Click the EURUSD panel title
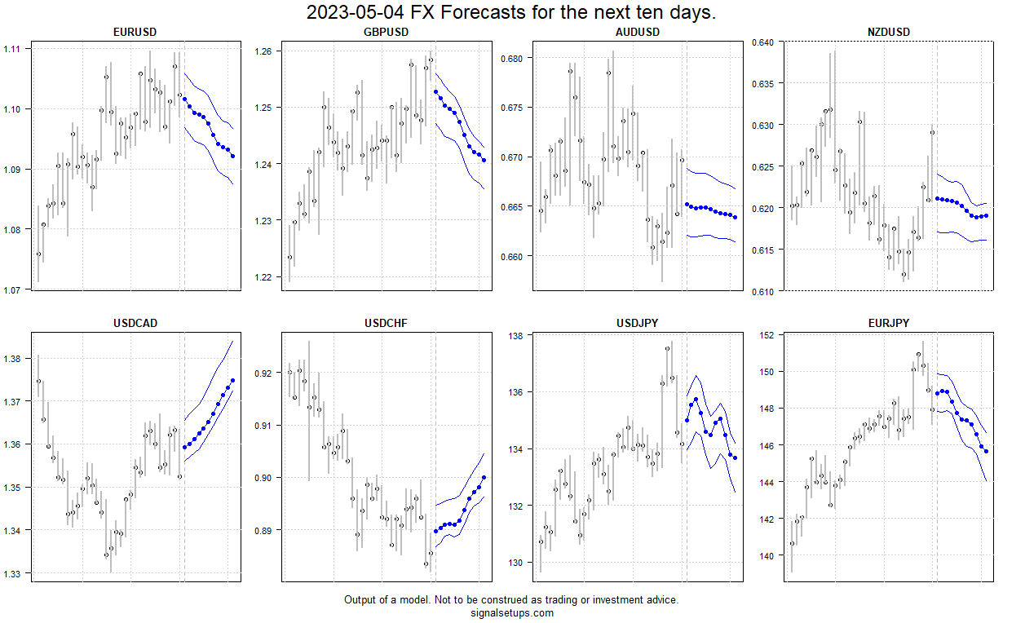[135, 32]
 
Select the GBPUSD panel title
[386, 32]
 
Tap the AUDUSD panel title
[637, 32]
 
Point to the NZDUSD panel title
[888, 32]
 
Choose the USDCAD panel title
[135, 323]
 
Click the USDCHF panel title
[386, 323]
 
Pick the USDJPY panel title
[637, 323]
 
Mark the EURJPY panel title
[888, 323]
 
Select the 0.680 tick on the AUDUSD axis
[513, 58]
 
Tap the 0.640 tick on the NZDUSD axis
[763, 42]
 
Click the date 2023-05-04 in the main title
[358, 13]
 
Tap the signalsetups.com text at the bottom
[511, 613]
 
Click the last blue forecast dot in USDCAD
[232, 380]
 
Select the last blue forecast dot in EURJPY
[986, 452]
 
